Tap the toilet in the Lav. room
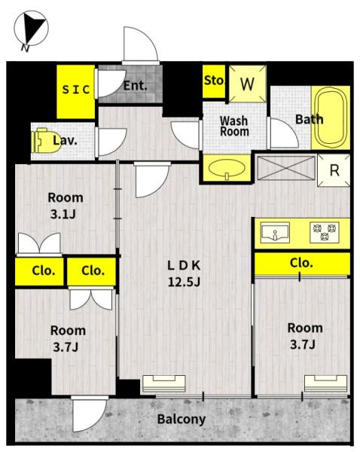tap(47, 140)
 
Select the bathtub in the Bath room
tap(331, 118)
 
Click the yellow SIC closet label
tap(76, 90)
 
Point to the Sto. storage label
tap(214, 81)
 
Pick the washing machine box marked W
tap(247, 84)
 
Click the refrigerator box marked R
tap(334, 170)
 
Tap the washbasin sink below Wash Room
tap(227, 168)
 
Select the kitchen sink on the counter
tap(275, 233)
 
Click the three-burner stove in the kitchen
tap(325, 232)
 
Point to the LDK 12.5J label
tap(184, 273)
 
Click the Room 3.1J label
tap(65, 206)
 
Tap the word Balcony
tap(182, 420)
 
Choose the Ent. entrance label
tap(135, 86)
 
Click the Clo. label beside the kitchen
tap(301, 263)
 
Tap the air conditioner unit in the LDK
tap(163, 383)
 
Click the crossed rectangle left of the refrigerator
tap(286, 168)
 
